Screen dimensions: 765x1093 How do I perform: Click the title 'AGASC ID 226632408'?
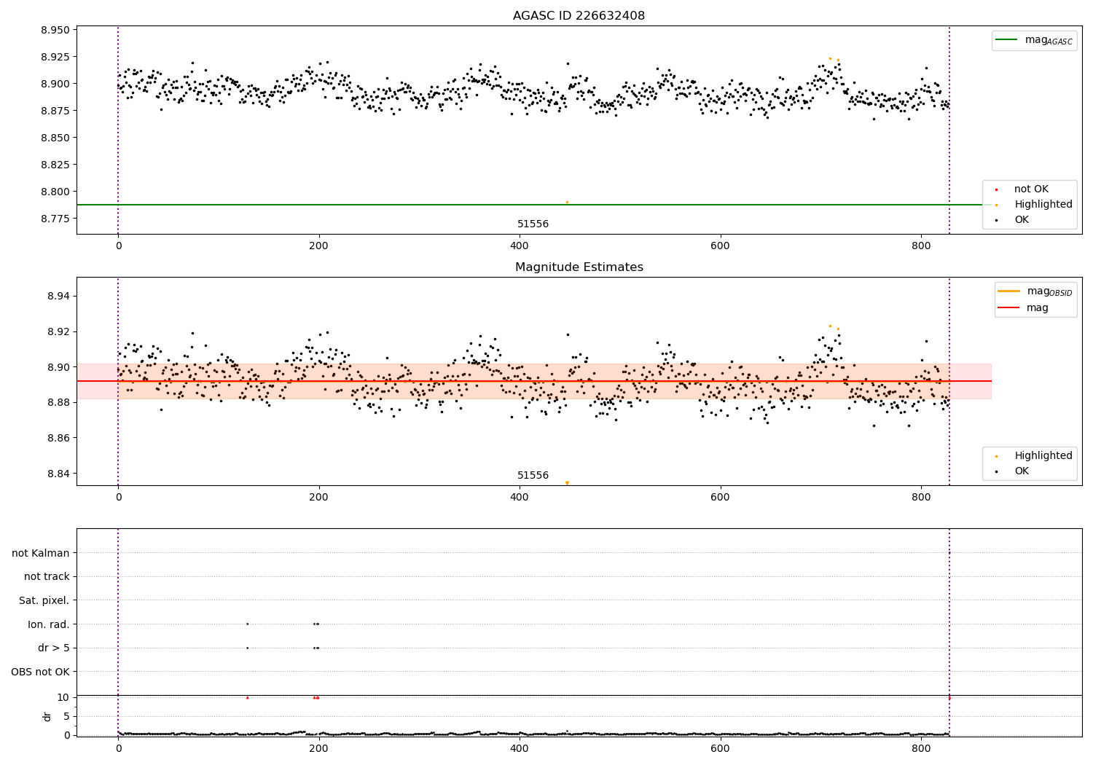[x=579, y=16]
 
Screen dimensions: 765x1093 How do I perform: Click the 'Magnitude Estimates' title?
[x=579, y=267]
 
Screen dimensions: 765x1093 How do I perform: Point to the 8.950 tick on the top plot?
[x=55, y=30]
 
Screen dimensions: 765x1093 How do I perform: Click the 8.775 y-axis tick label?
[x=55, y=219]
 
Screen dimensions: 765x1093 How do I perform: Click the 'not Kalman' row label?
[x=41, y=553]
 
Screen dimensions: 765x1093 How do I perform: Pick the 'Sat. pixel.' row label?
[x=44, y=600]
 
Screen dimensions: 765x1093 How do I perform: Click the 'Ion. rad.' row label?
[x=48, y=624]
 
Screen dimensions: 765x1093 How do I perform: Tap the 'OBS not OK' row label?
[x=40, y=672]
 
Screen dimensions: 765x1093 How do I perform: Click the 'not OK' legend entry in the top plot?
[x=1031, y=189]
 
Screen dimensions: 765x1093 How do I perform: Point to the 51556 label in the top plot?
[x=533, y=224]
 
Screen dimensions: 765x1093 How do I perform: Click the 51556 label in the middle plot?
[x=533, y=476]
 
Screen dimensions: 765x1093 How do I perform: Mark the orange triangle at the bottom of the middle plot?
[x=567, y=482]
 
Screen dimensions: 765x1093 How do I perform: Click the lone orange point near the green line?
[x=567, y=202]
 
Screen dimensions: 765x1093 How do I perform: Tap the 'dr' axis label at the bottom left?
[x=47, y=716]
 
